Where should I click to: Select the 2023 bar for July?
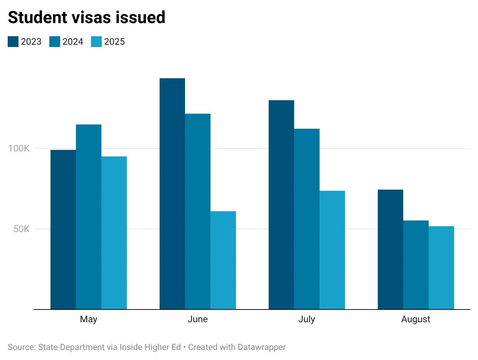[x=281, y=205]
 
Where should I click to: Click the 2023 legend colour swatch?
[x=13, y=42]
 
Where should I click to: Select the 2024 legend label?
[x=73, y=42]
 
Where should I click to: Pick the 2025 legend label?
[x=114, y=42]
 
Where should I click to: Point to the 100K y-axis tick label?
[x=19, y=148]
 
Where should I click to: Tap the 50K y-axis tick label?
[x=21, y=229]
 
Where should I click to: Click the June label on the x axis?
[x=198, y=319]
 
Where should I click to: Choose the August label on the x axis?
[x=416, y=319]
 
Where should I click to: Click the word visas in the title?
[x=91, y=17]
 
